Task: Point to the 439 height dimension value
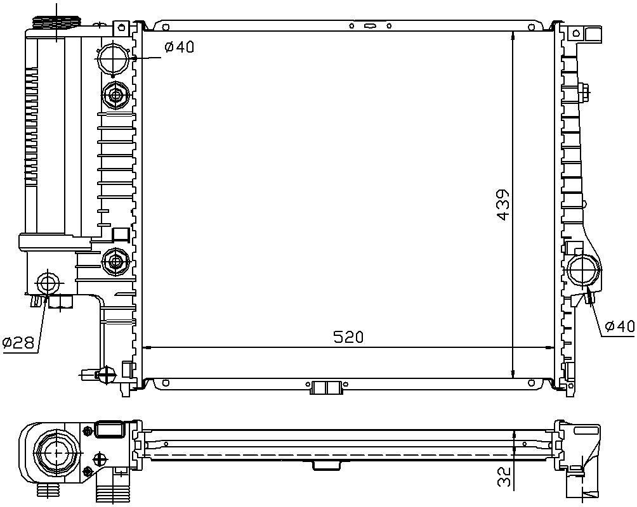pyautogui.click(x=503, y=204)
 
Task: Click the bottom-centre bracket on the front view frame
pyautogui.click(x=327, y=387)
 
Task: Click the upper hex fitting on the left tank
pyautogui.click(x=115, y=96)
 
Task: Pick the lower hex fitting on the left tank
pyautogui.click(x=115, y=260)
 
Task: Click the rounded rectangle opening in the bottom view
pyautogui.click(x=110, y=431)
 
